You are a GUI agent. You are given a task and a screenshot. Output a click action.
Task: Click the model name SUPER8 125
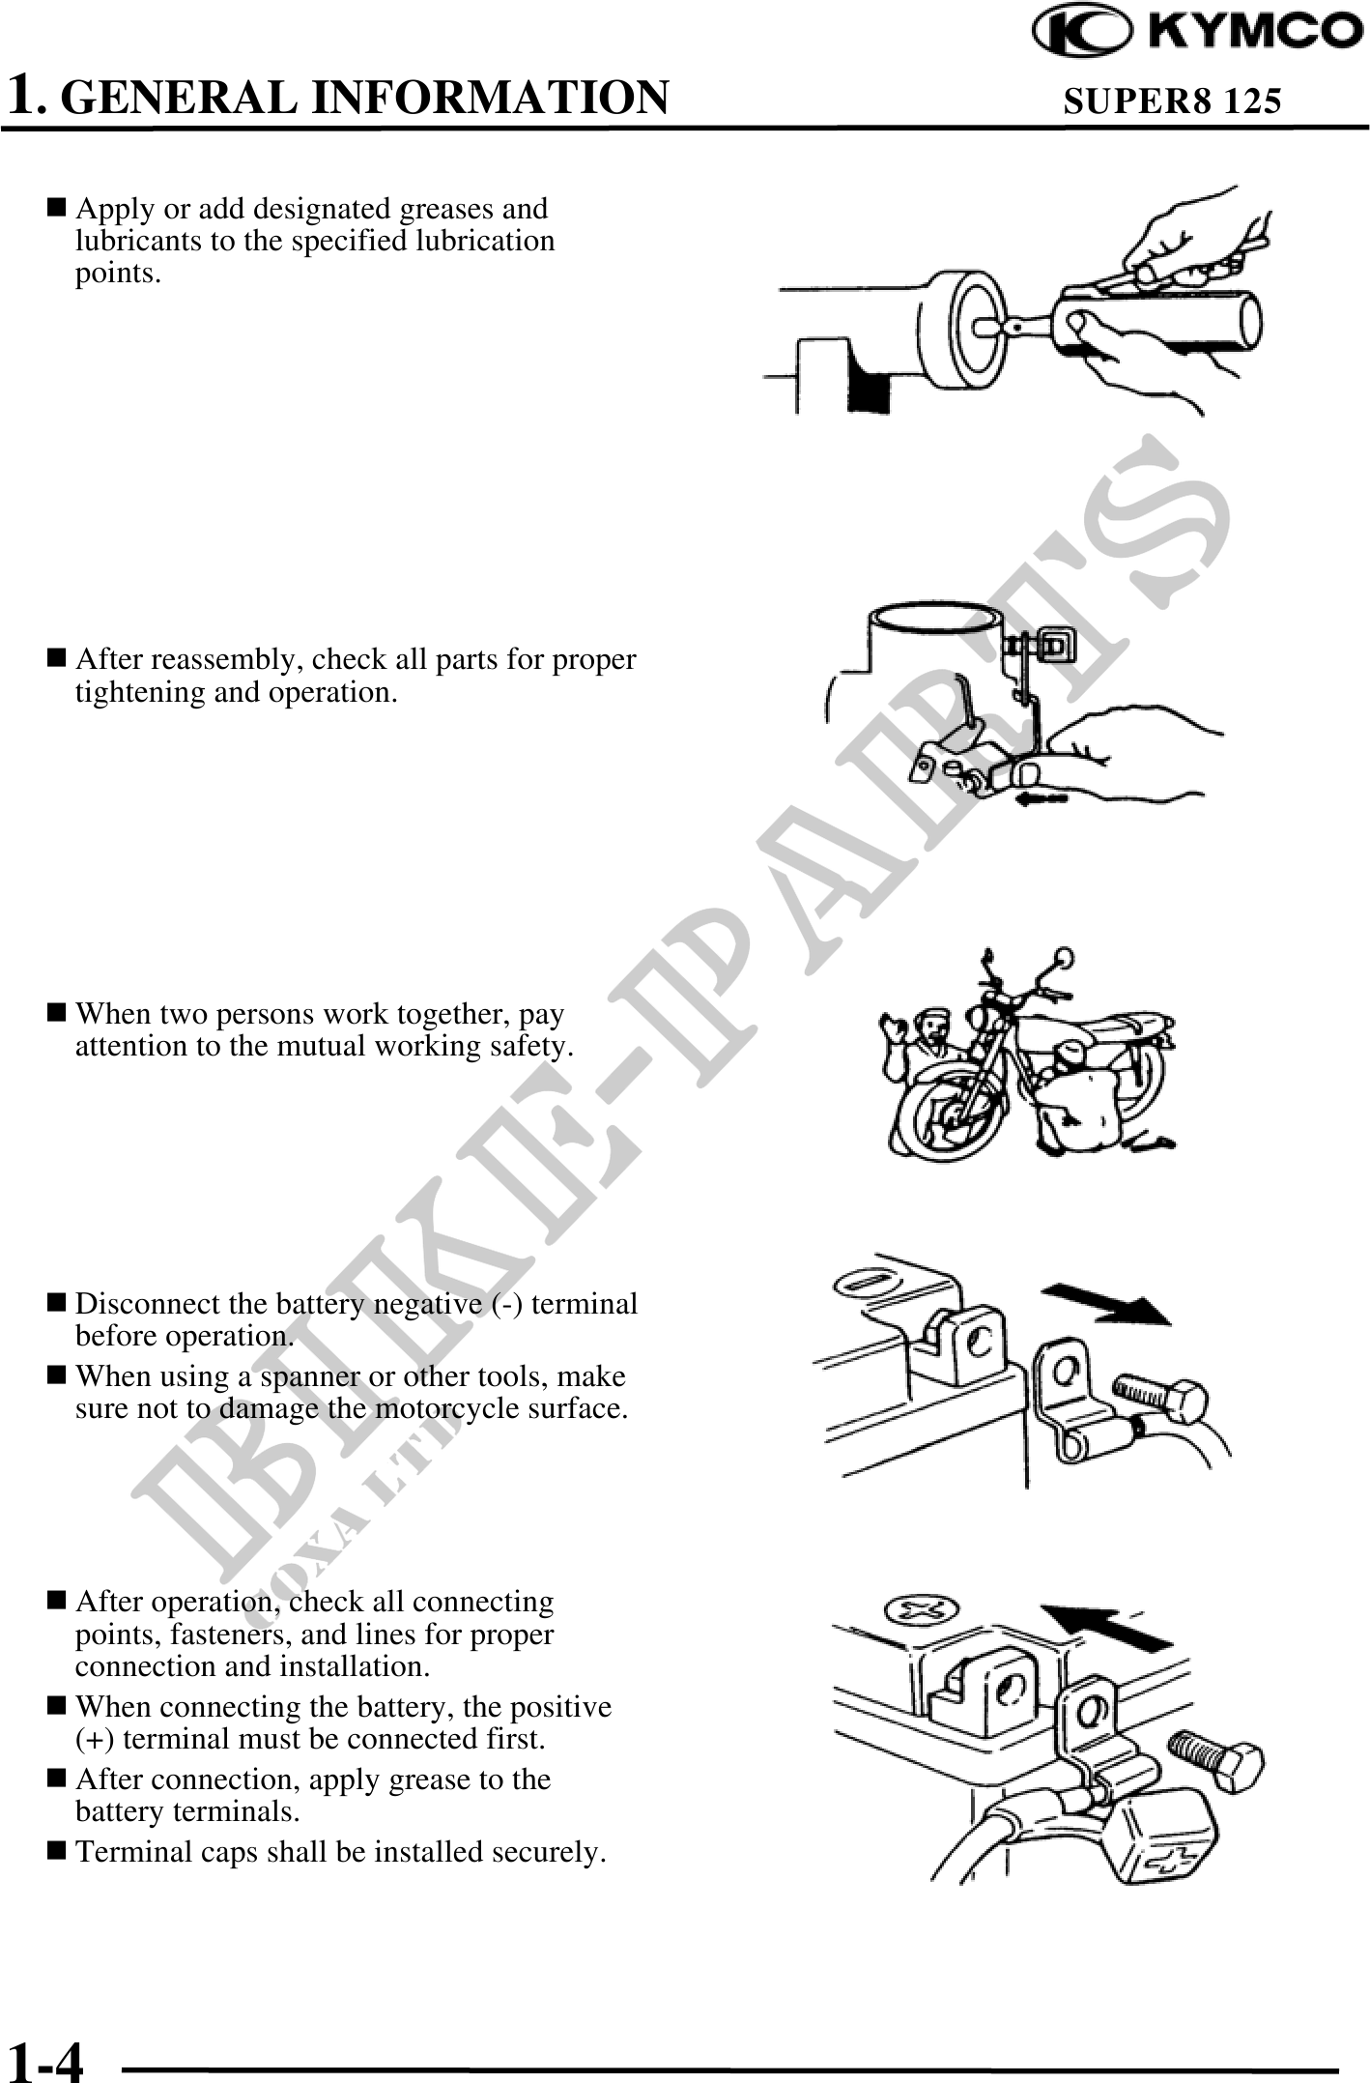[1172, 101]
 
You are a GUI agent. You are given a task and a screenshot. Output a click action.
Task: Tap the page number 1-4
[44, 2058]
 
